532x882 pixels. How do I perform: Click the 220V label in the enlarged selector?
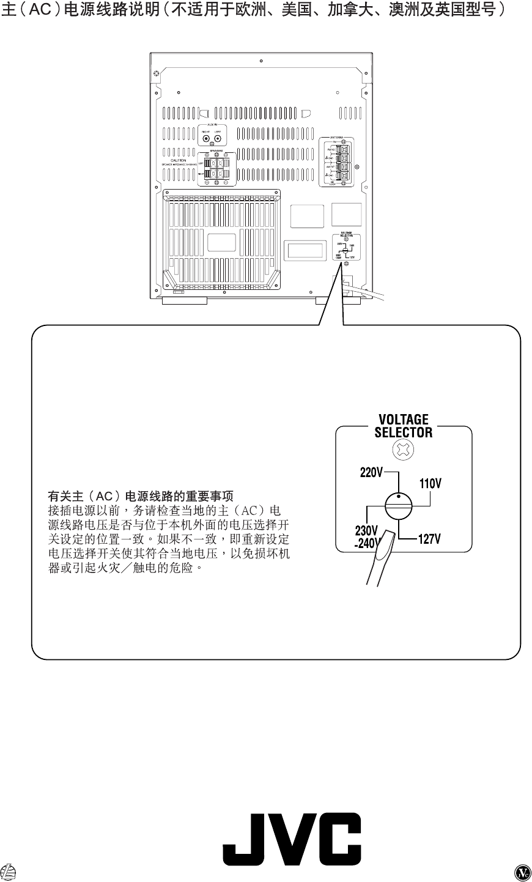point(371,473)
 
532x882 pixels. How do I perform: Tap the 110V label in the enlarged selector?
point(430,484)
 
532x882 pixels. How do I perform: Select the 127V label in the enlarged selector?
point(429,539)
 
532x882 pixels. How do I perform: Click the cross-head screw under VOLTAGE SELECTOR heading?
point(404,451)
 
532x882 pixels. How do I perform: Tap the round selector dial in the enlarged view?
point(399,506)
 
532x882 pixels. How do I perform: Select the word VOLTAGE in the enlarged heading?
point(404,420)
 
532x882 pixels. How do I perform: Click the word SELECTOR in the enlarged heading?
point(404,432)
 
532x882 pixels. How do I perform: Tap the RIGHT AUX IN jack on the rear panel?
point(207,138)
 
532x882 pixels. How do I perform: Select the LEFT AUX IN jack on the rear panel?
point(217,138)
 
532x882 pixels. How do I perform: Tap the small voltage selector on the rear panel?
point(346,249)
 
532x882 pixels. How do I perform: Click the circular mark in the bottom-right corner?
point(522,872)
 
